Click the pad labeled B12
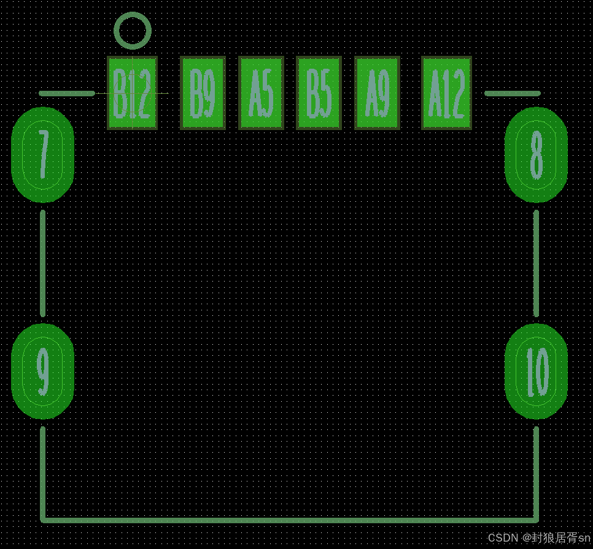click(x=132, y=93)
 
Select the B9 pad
click(x=203, y=93)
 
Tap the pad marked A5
click(x=261, y=93)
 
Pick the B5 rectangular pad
click(x=319, y=93)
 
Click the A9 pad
click(x=377, y=93)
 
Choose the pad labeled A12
click(x=446, y=93)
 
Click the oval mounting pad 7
click(x=42, y=155)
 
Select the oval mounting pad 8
click(x=536, y=155)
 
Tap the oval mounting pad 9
click(x=42, y=371)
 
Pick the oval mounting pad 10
click(x=536, y=371)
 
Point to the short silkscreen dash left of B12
click(x=66, y=93)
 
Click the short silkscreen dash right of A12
click(x=512, y=93)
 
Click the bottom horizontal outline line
click(x=289, y=520)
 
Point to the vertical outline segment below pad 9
click(x=42, y=472)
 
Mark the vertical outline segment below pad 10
click(x=536, y=472)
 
